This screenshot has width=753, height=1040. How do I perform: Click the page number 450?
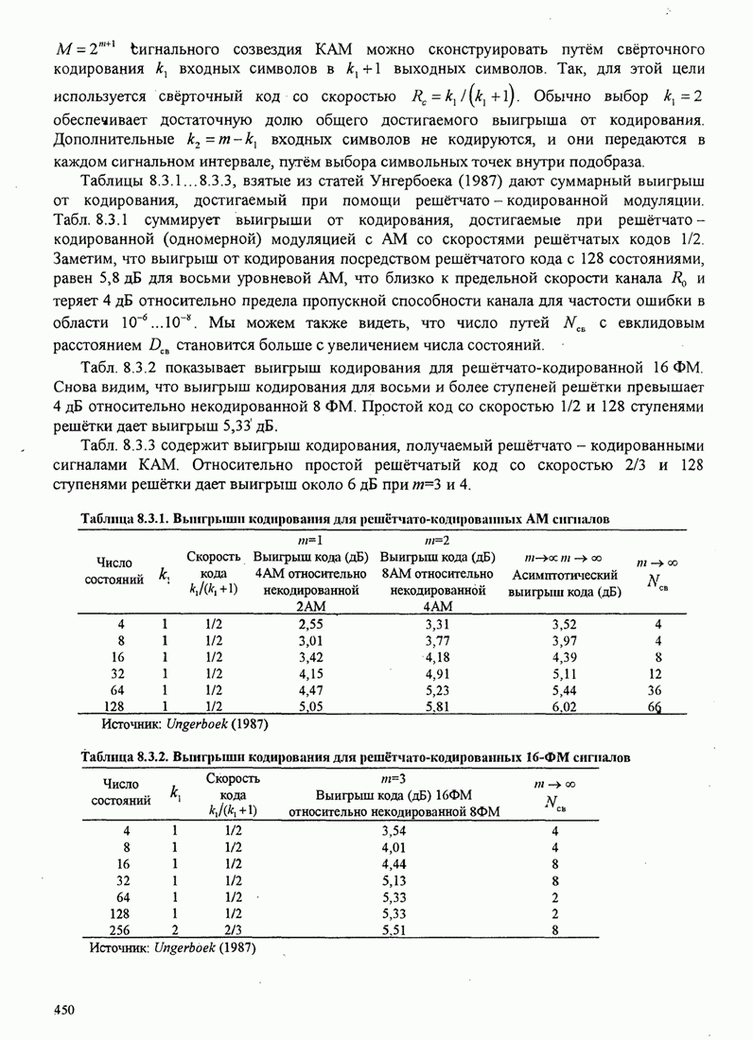click(63, 1012)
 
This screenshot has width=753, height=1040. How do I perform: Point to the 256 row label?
click(119, 928)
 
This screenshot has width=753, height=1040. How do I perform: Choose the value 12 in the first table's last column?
click(654, 673)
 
